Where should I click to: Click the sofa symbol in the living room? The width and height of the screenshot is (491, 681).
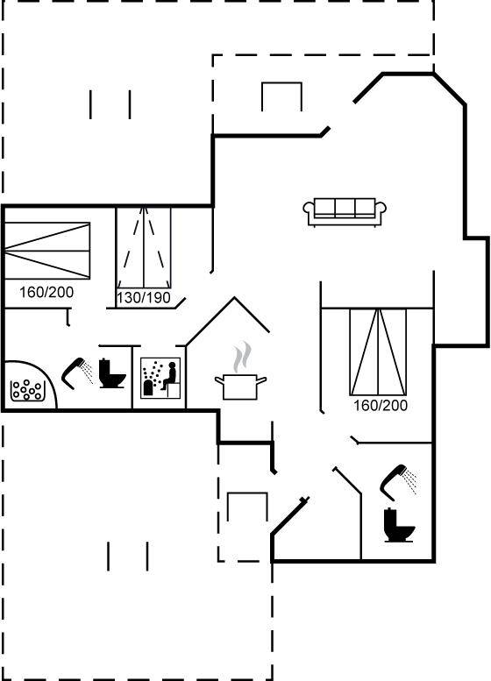tap(345, 212)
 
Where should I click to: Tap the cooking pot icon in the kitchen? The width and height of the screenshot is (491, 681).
tap(240, 387)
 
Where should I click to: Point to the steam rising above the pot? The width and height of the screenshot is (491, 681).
tap(242, 357)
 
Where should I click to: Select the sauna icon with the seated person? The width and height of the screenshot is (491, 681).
tap(160, 378)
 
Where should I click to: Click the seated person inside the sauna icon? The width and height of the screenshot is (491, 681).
tap(169, 376)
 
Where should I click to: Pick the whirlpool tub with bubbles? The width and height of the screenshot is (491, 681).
tap(29, 386)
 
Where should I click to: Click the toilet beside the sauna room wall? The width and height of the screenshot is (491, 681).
tap(111, 372)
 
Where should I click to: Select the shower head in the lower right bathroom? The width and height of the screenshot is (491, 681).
tap(397, 481)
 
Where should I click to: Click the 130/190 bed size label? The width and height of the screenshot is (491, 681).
tap(144, 298)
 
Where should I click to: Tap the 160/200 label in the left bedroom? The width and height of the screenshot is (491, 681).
tap(46, 292)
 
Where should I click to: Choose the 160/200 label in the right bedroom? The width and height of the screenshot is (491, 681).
tap(381, 406)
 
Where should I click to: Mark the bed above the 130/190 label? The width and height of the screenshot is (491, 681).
tap(144, 247)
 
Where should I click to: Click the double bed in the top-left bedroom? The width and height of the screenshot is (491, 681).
tap(46, 251)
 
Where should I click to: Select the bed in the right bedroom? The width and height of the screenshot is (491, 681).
tap(378, 352)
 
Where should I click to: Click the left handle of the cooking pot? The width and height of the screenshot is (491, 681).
tap(218, 381)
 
